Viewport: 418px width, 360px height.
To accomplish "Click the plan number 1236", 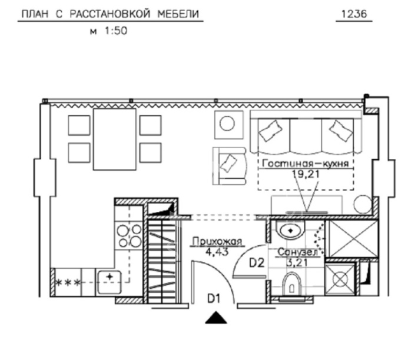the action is pos(354,14).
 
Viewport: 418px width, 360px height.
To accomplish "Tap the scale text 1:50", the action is pos(116,31).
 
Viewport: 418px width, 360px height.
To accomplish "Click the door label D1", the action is pos(214,298).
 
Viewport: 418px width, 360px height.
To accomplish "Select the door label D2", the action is pos(257,263).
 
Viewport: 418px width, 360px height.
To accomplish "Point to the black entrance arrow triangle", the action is pos(216,318).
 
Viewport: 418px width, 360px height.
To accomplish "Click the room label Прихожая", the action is pos(217,241).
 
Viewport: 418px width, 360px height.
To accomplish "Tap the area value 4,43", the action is pos(217,251).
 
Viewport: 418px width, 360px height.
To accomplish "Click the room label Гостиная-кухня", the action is pos(306,163).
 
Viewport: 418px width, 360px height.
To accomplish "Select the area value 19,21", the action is pos(306,174).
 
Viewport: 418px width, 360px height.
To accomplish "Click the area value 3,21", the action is pos(297,263).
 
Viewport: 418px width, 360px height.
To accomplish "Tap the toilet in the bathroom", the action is pos(291,284).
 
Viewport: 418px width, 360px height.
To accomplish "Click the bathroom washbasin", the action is pos(291,229).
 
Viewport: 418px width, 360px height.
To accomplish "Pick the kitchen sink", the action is pos(110,282).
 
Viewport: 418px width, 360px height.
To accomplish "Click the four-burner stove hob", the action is pos(130,236).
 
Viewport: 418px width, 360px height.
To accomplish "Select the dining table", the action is pos(115,139).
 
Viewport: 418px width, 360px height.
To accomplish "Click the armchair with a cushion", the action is pos(229,166).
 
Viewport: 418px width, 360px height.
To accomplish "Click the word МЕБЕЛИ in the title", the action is pos(178,14).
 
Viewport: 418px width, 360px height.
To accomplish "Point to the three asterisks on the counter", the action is pos(68,282).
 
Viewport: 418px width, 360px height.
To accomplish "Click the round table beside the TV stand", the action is pos(362,204).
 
